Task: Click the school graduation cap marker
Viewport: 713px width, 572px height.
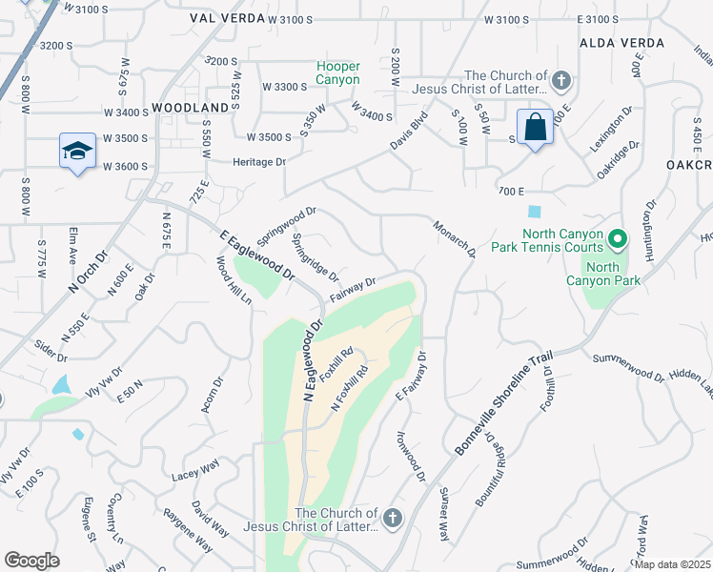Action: [78, 151]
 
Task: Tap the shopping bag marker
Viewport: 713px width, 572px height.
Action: [536, 127]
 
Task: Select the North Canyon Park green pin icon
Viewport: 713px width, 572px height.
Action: [617, 238]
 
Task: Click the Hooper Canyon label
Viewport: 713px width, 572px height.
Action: [338, 73]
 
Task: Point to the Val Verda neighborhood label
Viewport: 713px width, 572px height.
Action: [226, 18]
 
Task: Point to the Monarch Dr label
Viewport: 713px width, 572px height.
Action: [454, 239]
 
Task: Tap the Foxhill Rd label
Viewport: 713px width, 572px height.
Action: [336, 364]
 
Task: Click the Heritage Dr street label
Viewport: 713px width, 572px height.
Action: [259, 162]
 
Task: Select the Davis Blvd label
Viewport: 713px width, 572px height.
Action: [407, 133]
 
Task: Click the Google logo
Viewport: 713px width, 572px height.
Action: [31, 561]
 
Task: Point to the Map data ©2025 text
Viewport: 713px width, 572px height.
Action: [673, 563]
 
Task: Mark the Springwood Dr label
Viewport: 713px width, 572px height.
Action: [286, 225]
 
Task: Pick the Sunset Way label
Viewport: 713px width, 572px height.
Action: [443, 513]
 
